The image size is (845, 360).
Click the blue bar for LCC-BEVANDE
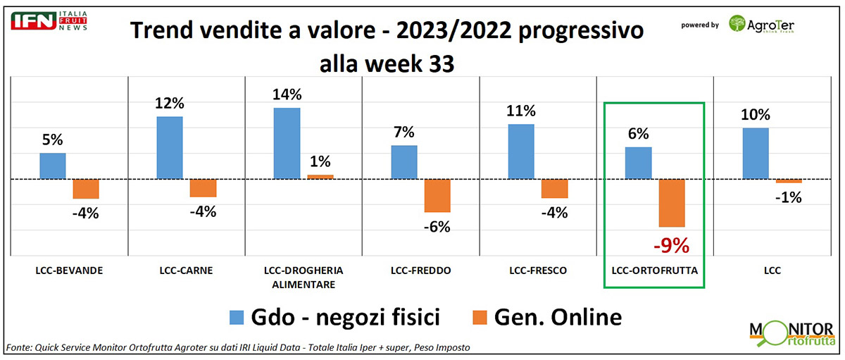pos(52,166)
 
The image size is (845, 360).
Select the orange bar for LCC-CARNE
pos(203,188)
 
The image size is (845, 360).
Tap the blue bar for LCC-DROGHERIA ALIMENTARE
pos(287,144)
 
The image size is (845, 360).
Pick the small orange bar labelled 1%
pos(320,177)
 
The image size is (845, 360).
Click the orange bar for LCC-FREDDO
pos(437,196)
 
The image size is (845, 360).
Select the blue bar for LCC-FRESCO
pos(521,152)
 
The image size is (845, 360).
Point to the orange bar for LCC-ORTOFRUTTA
pos(672,204)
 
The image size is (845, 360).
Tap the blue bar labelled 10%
pos(755,154)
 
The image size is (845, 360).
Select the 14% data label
pos(287,95)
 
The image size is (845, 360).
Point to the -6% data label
pos(437,227)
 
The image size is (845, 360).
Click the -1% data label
pos(789,198)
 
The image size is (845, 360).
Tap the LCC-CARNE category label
pos(187,271)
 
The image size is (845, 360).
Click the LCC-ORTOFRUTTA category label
pos(654,271)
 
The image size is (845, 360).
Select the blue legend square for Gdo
pos(234,318)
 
